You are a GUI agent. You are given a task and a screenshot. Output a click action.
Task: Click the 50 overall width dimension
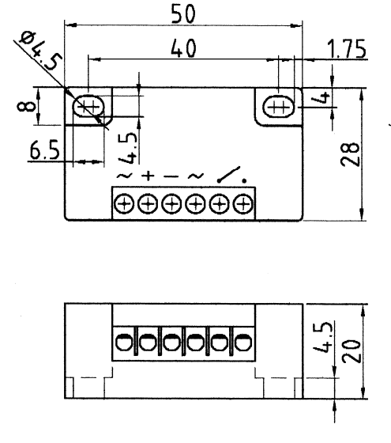182,14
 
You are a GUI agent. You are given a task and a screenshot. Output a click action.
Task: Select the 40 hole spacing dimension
183,48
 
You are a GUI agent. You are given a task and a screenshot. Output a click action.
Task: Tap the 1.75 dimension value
347,49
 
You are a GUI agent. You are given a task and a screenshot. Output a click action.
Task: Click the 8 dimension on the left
26,107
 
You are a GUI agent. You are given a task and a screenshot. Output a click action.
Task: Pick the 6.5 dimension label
44,150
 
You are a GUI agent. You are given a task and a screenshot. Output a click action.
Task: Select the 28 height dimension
351,154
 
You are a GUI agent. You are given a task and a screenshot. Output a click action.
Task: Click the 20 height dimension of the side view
352,351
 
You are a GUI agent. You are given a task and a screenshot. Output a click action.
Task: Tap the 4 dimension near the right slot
324,97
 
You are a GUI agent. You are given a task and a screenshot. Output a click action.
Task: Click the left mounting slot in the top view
88,107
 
